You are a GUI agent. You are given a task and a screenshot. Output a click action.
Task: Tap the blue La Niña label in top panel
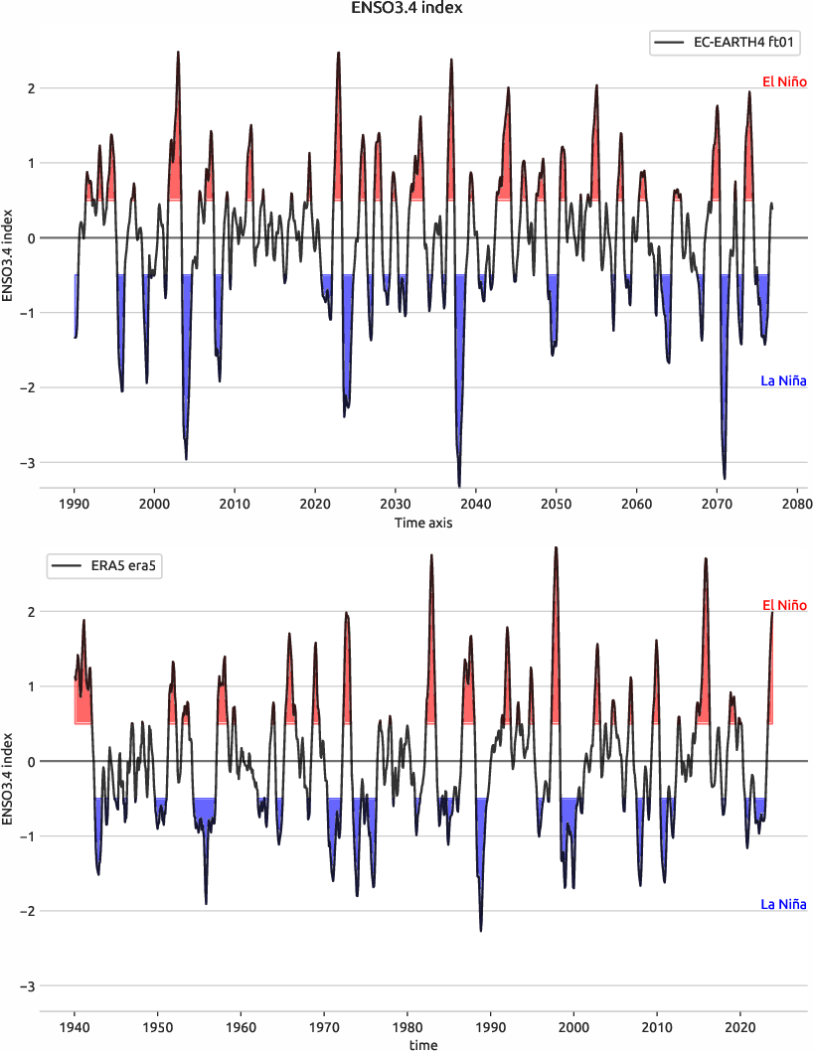pos(783,380)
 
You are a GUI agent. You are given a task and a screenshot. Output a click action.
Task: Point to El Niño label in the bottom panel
pos(784,605)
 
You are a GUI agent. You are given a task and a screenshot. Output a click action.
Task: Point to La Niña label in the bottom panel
pos(783,904)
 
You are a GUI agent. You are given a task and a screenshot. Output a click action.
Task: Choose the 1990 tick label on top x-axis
pos(75,504)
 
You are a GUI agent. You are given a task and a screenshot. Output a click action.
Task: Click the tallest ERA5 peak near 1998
pos(556,547)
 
